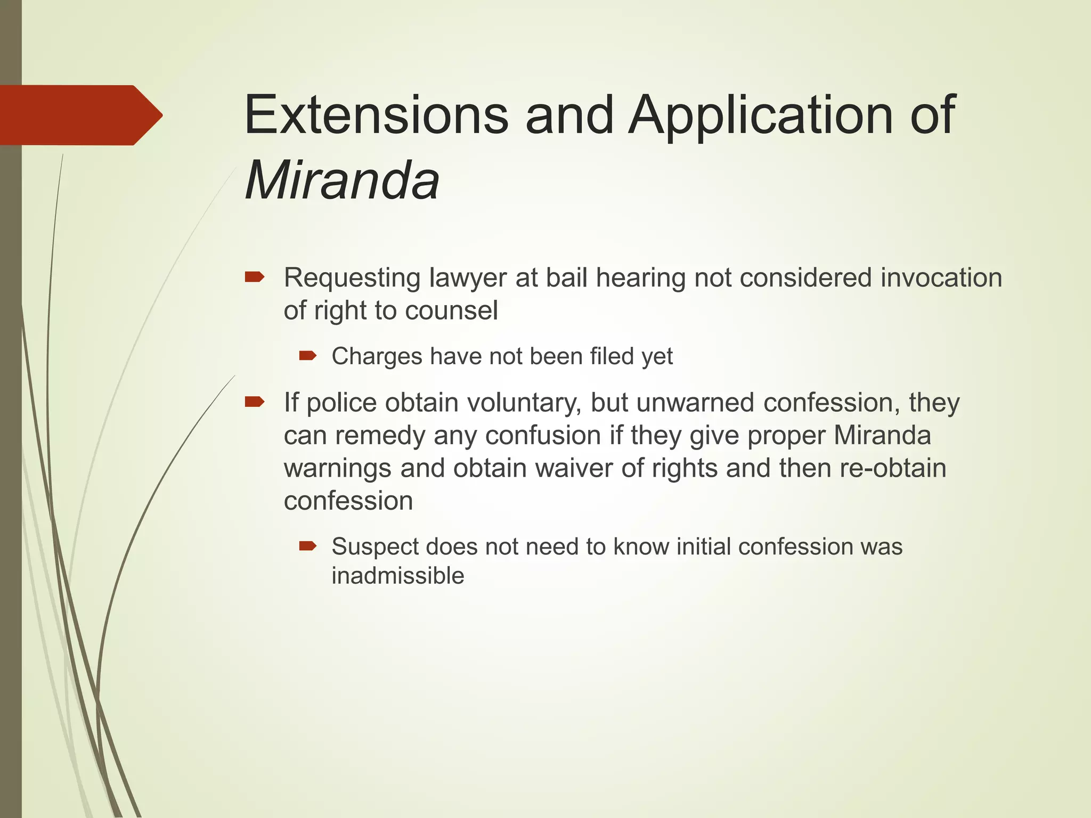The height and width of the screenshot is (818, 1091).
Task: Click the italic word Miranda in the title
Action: coord(342,181)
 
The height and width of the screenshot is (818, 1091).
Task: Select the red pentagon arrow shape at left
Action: coord(80,115)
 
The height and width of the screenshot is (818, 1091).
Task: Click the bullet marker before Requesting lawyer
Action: coord(254,277)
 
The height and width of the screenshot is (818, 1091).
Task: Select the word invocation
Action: coord(941,277)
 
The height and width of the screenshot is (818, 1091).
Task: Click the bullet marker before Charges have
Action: coord(307,355)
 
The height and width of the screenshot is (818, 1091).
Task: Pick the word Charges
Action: coord(377,356)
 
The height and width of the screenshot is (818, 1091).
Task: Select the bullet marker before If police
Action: coord(254,402)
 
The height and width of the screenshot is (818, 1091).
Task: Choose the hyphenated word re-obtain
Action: coord(893,468)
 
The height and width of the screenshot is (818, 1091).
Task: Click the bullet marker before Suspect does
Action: coord(307,545)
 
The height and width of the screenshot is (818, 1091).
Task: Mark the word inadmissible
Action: coord(397,576)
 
